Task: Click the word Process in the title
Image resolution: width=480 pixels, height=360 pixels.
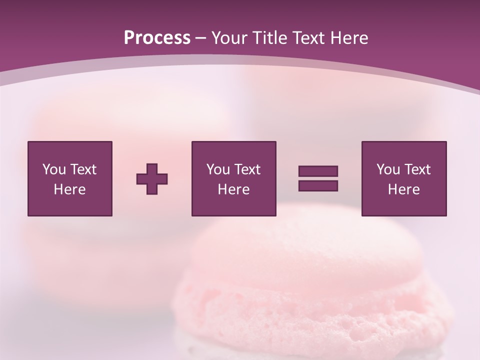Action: tap(157, 38)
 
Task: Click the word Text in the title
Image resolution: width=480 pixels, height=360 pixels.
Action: tap(311, 38)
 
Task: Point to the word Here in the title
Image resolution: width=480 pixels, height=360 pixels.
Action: tap(350, 38)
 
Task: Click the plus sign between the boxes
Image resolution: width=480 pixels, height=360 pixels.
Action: tap(152, 178)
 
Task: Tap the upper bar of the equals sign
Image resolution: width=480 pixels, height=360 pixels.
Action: tap(318, 171)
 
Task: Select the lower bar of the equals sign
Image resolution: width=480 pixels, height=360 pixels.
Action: tap(318, 185)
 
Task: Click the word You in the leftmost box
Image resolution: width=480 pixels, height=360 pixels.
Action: tap(53, 169)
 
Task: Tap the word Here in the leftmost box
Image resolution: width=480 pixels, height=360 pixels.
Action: tap(69, 189)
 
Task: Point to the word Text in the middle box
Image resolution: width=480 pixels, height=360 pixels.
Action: tap(247, 169)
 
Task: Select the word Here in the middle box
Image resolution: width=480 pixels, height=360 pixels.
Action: tap(233, 189)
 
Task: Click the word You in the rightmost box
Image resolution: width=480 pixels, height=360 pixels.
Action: tap(388, 169)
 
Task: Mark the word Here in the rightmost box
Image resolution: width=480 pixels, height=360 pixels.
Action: tap(404, 189)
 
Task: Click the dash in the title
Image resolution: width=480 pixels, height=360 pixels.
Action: tap(200, 38)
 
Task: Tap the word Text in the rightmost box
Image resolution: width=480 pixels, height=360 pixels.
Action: tap(417, 169)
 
